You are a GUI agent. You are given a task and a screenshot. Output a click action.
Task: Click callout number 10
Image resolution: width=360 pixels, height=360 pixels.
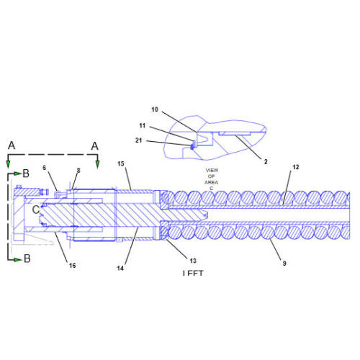[154, 109]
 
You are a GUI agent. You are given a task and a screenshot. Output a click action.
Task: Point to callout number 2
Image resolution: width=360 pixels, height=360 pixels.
[265, 161]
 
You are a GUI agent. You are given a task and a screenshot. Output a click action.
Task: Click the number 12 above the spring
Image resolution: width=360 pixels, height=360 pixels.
[295, 167]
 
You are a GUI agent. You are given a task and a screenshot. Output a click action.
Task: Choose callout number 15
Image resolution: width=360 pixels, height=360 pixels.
[122, 164]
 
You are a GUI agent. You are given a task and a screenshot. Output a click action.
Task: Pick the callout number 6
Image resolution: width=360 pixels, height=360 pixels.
[45, 168]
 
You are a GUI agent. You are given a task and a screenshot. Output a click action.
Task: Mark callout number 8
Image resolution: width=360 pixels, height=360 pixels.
[78, 170]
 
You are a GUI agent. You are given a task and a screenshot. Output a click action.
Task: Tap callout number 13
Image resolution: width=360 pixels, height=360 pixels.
[193, 260]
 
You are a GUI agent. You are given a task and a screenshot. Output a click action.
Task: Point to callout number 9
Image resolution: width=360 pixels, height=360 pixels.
[284, 264]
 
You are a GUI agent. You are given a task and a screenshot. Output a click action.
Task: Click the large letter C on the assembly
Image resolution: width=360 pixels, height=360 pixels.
[35, 209]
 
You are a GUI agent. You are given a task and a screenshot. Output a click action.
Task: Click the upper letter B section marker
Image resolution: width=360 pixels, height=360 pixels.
[26, 174]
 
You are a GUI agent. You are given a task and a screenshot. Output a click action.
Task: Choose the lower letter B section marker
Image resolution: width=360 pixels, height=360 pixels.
[26, 258]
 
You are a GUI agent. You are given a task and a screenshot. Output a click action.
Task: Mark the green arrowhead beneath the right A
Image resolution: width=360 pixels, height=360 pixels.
[98, 165]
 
